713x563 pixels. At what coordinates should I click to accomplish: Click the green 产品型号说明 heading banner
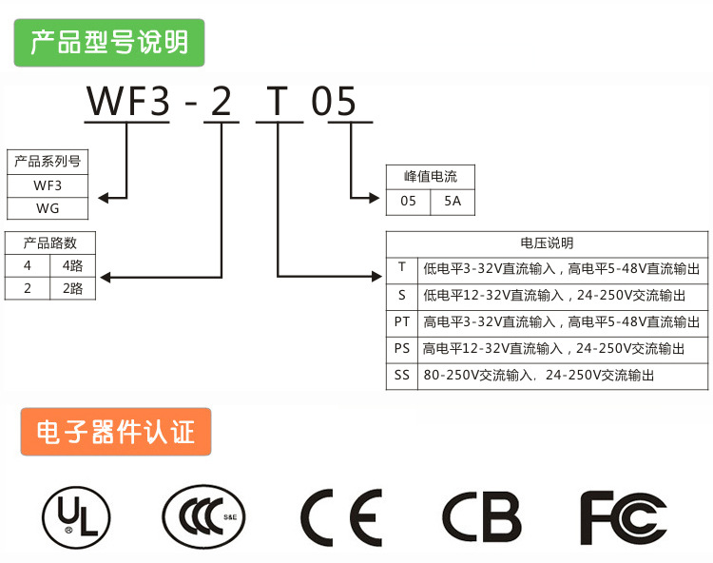tap(108, 43)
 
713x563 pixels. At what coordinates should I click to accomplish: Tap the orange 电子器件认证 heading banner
tap(115, 433)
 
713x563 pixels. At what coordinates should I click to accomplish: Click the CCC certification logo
tap(203, 518)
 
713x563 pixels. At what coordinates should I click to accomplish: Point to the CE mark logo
tap(342, 518)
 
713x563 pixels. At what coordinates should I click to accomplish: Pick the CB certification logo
tap(481, 518)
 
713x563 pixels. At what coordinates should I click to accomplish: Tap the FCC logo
tap(624, 518)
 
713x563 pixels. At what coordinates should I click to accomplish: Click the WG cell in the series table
tap(48, 208)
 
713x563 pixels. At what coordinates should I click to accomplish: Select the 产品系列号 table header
tap(48, 161)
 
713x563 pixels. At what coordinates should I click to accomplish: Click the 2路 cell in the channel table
tap(73, 288)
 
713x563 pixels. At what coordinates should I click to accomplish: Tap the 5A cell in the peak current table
tap(453, 201)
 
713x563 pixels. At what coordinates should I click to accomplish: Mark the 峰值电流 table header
tap(430, 177)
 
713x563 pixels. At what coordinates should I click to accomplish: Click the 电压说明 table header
tap(548, 243)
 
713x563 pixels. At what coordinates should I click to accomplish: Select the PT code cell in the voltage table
tap(402, 321)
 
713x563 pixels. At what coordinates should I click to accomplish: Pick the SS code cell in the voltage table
tap(402, 375)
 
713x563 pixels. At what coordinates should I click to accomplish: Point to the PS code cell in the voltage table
tap(402, 348)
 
